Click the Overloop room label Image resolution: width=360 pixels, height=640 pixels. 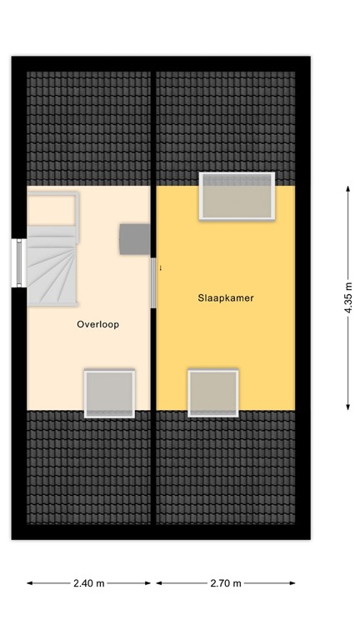[x=97, y=325]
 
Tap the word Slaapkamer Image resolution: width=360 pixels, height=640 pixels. [x=226, y=297]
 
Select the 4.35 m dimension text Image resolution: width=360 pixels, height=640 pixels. [x=348, y=297]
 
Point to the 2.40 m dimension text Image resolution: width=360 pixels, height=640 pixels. [x=90, y=583]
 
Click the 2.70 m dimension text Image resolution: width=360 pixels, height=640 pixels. [x=226, y=583]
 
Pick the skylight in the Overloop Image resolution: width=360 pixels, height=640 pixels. [x=109, y=393]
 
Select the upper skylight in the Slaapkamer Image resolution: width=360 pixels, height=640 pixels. [x=237, y=196]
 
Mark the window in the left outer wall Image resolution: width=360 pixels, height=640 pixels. [x=17, y=263]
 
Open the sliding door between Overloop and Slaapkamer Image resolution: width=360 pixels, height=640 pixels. [x=153, y=282]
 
